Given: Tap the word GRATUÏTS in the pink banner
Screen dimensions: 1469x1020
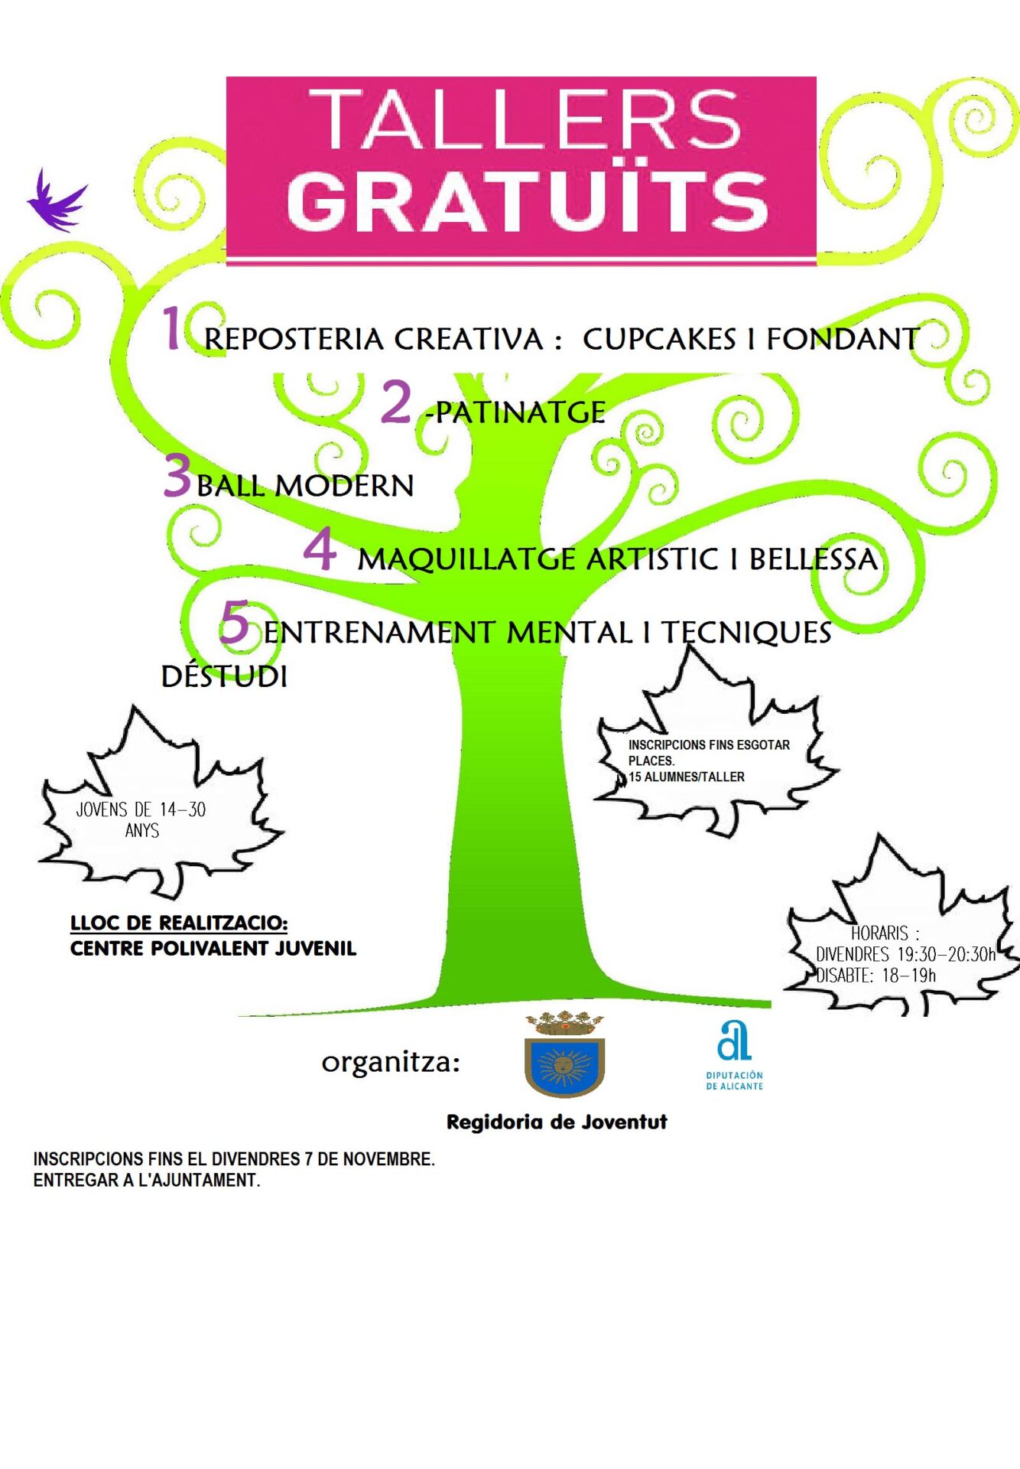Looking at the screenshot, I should pos(527,201).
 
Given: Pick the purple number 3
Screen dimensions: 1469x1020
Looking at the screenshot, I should pos(177,475).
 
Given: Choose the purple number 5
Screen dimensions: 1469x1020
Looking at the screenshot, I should pos(235,622).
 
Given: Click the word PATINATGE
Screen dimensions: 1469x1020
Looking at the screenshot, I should pos(520,413).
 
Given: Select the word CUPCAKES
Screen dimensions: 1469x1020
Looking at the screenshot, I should pos(659,339).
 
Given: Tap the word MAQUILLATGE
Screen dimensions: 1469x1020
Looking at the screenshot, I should pos(466,559).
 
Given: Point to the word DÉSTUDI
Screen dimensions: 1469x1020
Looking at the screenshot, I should pos(224,676).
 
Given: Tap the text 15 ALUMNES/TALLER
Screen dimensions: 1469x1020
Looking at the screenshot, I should pos(687,777).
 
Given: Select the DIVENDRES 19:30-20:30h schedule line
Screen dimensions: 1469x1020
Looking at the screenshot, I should pos(905,954).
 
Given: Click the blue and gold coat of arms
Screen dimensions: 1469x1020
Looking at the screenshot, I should pos(564,1056).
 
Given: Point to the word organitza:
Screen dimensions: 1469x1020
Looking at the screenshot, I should pos(391,1062).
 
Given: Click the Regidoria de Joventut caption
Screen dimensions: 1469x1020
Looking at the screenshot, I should pos(557,1122).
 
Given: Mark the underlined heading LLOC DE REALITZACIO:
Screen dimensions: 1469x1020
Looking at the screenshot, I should pos(179,923).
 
